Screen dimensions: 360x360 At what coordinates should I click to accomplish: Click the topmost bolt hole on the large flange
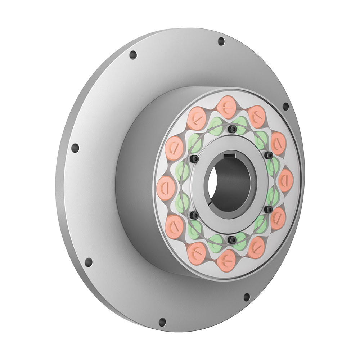(221, 41)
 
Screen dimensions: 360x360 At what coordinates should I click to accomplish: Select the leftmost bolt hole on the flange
(75, 148)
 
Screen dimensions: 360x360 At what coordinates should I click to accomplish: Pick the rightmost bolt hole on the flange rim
(285, 107)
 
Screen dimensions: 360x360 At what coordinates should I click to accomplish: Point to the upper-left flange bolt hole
(133, 55)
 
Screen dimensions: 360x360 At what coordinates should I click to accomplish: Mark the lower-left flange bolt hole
(88, 262)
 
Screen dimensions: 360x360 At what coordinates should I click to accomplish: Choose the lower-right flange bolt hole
(247, 297)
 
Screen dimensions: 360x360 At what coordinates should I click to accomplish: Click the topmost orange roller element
(227, 107)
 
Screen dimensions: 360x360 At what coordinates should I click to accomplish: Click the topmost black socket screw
(233, 129)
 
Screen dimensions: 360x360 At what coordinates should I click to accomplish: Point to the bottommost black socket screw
(232, 239)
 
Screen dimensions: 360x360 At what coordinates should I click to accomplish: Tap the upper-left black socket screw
(195, 159)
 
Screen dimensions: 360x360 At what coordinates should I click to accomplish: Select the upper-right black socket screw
(269, 155)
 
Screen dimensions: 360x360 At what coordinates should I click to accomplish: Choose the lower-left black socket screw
(194, 216)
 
